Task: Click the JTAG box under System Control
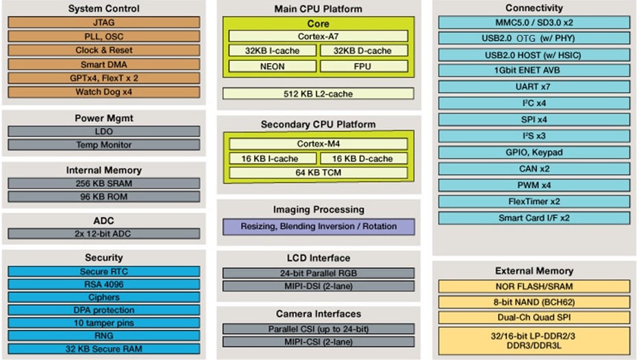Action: pyautogui.click(x=103, y=23)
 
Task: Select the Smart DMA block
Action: pyautogui.click(x=103, y=64)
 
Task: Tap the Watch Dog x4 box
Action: pyautogui.click(x=103, y=92)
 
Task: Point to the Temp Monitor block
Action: pyautogui.click(x=103, y=145)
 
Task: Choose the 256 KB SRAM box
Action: pyautogui.click(x=103, y=183)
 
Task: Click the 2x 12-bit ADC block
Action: pyautogui.click(x=103, y=234)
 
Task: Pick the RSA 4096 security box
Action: pyautogui.click(x=103, y=285)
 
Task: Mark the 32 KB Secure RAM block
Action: pyautogui.click(x=103, y=348)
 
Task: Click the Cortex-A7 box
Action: pyautogui.click(x=318, y=36)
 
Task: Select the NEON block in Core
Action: pyautogui.click(x=272, y=66)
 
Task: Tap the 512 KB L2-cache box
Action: pyautogui.click(x=318, y=94)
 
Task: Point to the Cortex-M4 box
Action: pyautogui.click(x=318, y=144)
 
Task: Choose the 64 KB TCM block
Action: pyautogui.click(x=318, y=172)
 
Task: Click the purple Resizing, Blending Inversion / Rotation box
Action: pyautogui.click(x=318, y=227)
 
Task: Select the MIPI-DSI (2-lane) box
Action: pyautogui.click(x=318, y=286)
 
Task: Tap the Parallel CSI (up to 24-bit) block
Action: pyautogui.click(x=318, y=329)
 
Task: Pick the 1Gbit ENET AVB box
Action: pyautogui.click(x=534, y=70)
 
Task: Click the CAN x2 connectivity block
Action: pyautogui.click(x=534, y=168)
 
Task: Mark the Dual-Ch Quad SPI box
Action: pyautogui.click(x=534, y=318)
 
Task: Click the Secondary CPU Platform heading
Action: pyautogui.click(x=318, y=124)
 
